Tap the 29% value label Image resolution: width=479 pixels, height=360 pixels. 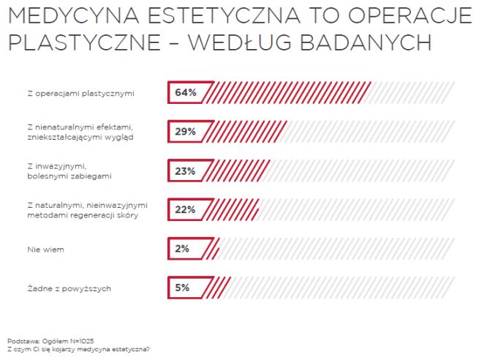[186, 132]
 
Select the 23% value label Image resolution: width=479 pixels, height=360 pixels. [186, 171]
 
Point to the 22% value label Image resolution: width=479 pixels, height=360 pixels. [186, 210]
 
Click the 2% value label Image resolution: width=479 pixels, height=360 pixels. [182, 249]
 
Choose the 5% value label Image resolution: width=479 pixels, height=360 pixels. [182, 288]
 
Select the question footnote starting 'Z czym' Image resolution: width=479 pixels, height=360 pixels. [79, 349]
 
